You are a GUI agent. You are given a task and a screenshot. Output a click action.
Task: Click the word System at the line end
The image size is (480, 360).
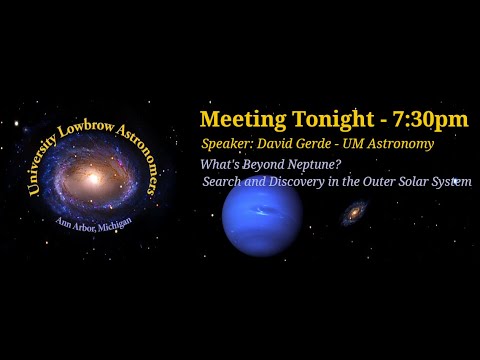[x=450, y=182]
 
